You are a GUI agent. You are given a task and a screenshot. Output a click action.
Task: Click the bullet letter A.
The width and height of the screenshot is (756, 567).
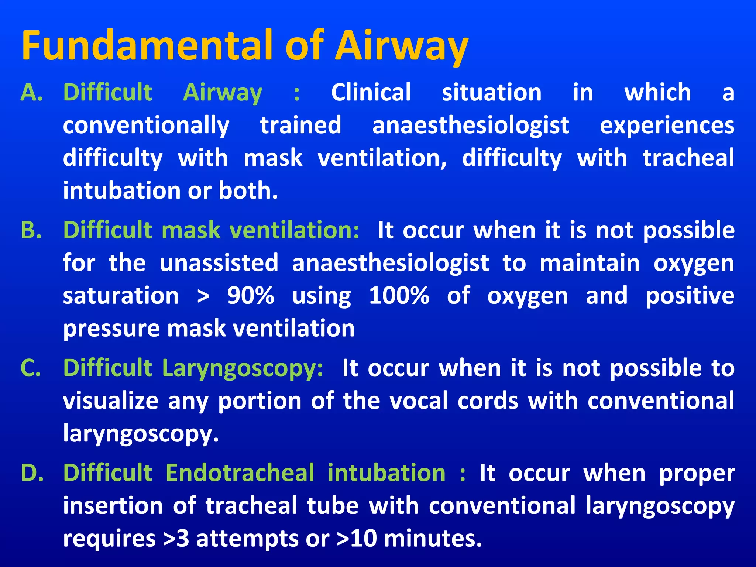(x=32, y=92)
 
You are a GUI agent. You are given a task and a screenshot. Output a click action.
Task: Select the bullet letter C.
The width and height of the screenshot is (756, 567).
(x=31, y=368)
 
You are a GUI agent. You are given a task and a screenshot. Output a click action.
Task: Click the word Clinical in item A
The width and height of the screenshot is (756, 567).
(x=371, y=92)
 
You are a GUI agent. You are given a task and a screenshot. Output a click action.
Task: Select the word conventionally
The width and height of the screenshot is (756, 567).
(x=146, y=126)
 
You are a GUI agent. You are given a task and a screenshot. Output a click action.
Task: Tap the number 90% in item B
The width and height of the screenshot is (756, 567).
(x=251, y=296)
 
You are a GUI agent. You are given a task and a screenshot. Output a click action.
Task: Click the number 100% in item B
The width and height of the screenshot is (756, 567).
(x=399, y=296)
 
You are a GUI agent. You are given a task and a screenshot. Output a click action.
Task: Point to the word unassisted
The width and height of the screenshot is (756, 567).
(x=219, y=263)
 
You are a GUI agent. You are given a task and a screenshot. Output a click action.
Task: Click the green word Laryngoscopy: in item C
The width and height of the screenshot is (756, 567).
(x=243, y=369)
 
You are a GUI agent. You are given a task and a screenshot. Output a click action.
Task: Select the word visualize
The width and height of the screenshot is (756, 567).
(x=111, y=401)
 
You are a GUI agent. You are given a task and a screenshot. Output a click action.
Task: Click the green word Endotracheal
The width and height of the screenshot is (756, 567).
(x=240, y=473)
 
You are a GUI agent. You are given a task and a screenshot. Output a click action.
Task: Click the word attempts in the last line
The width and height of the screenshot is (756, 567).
(x=248, y=539)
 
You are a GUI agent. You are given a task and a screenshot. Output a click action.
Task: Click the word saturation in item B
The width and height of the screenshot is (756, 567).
(x=121, y=296)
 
